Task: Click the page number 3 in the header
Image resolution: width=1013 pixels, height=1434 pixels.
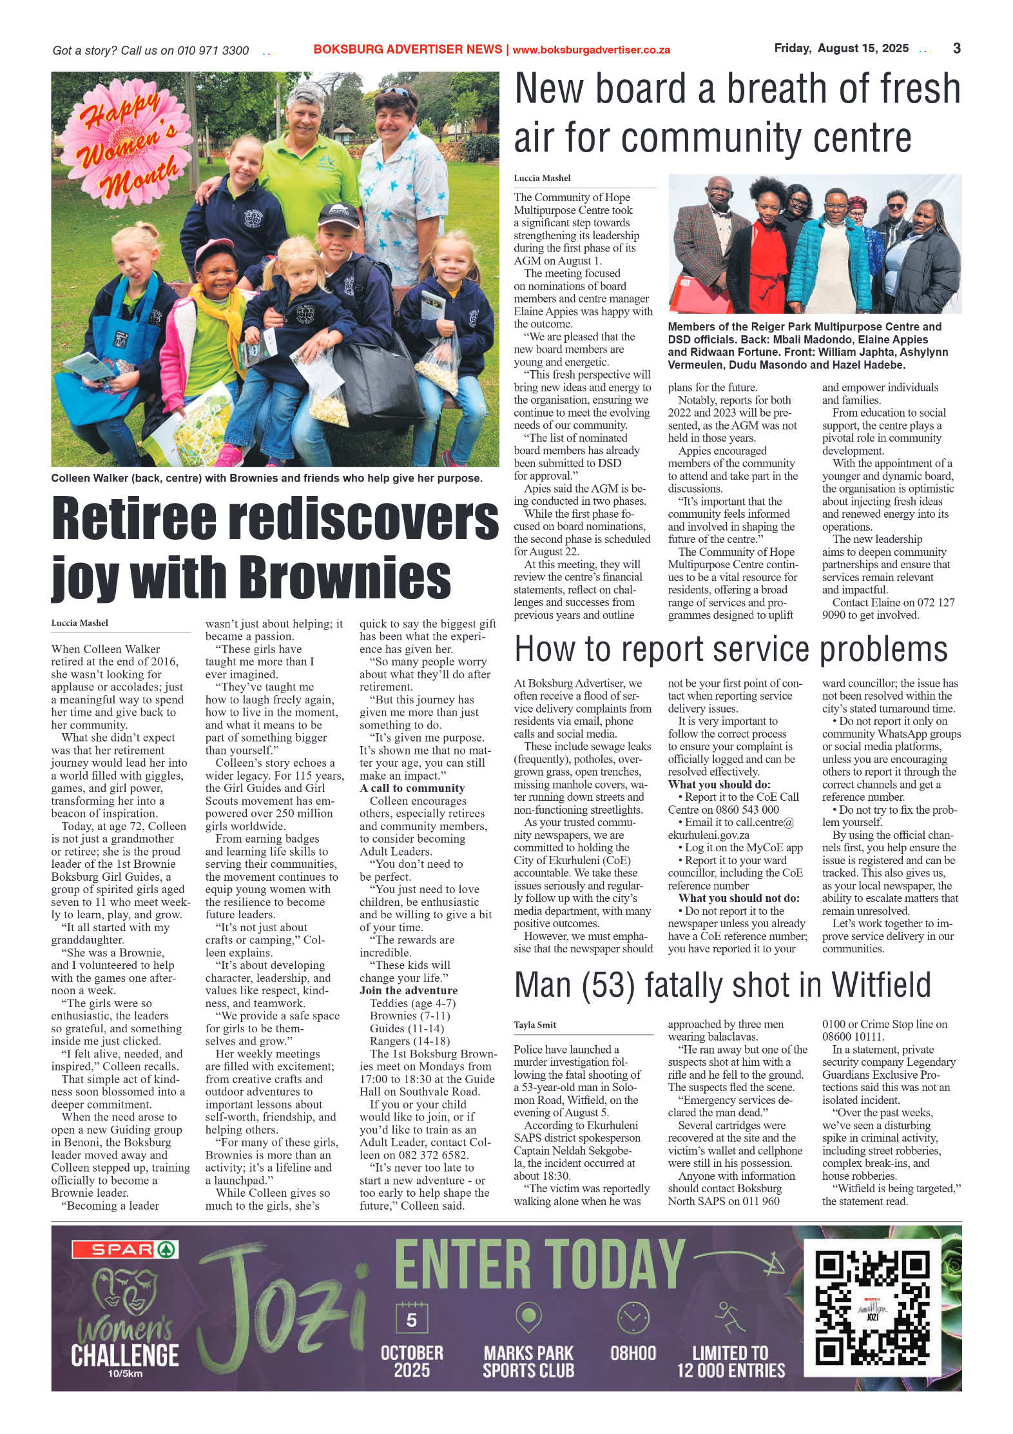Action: click(x=956, y=48)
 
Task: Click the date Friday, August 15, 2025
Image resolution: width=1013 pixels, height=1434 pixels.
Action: click(x=841, y=48)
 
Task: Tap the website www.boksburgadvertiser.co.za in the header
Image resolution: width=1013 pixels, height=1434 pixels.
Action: click(x=591, y=50)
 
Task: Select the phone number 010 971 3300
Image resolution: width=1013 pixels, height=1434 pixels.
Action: click(x=213, y=50)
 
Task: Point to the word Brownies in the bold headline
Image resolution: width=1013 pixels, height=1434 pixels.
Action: click(x=349, y=577)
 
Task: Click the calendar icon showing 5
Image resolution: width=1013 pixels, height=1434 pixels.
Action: click(x=411, y=1317)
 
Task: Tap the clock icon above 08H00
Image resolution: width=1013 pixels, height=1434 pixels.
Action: click(x=633, y=1317)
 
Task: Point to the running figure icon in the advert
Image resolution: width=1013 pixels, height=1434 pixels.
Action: click(x=730, y=1316)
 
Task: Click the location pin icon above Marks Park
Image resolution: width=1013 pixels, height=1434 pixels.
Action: click(x=528, y=1316)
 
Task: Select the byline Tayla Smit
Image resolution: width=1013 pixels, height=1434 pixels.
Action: click(x=535, y=1025)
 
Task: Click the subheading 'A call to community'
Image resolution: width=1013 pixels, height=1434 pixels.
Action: click(x=412, y=788)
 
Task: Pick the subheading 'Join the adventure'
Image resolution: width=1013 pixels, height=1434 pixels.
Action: click(x=409, y=990)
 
